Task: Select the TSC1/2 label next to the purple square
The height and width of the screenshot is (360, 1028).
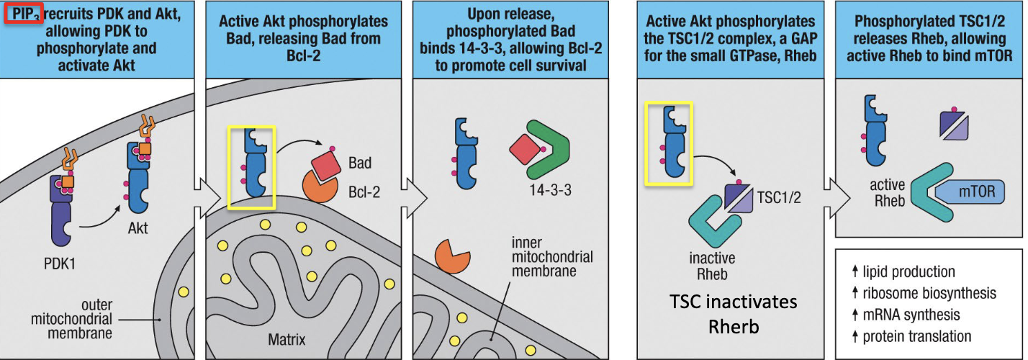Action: (x=780, y=195)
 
